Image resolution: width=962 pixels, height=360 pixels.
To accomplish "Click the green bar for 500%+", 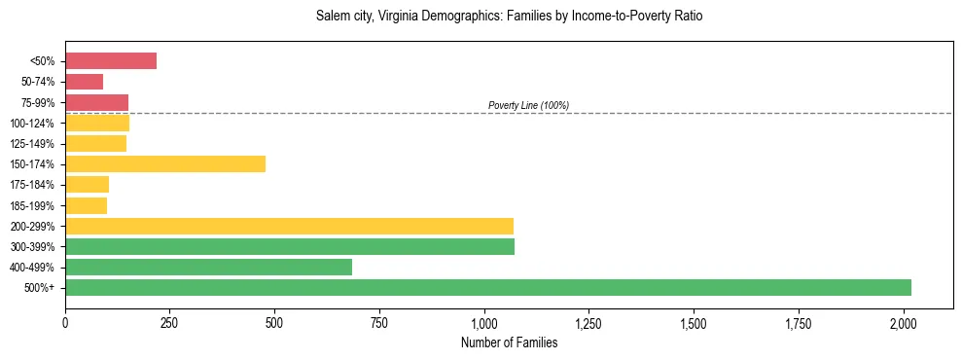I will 488,287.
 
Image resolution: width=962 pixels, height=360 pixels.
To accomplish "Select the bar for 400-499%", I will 208,267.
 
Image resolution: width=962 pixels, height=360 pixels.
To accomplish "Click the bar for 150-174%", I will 165,163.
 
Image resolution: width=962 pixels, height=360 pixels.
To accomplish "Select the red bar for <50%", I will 111,60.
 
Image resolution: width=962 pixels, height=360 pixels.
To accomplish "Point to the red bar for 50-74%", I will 84,81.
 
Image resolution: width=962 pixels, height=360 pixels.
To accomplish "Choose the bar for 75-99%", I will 96,102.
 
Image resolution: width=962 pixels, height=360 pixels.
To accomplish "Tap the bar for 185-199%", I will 86,205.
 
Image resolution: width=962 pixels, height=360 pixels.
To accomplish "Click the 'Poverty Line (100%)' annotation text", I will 528,105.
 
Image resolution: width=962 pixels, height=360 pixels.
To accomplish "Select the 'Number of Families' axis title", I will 509,342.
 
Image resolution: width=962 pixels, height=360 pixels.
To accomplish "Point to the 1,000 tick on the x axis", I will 484,321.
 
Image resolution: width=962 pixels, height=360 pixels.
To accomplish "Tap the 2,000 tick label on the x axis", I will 904,321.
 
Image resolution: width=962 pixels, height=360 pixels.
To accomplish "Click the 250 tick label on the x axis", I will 170,321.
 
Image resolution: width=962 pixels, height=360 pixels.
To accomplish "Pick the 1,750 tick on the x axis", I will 799,321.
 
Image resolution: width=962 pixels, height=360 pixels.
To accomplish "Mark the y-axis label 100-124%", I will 32,124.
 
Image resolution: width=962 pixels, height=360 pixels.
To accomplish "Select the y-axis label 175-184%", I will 32,185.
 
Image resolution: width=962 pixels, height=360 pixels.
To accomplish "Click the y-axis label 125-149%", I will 32,144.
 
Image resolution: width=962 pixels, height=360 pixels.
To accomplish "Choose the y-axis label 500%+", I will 38,288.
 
